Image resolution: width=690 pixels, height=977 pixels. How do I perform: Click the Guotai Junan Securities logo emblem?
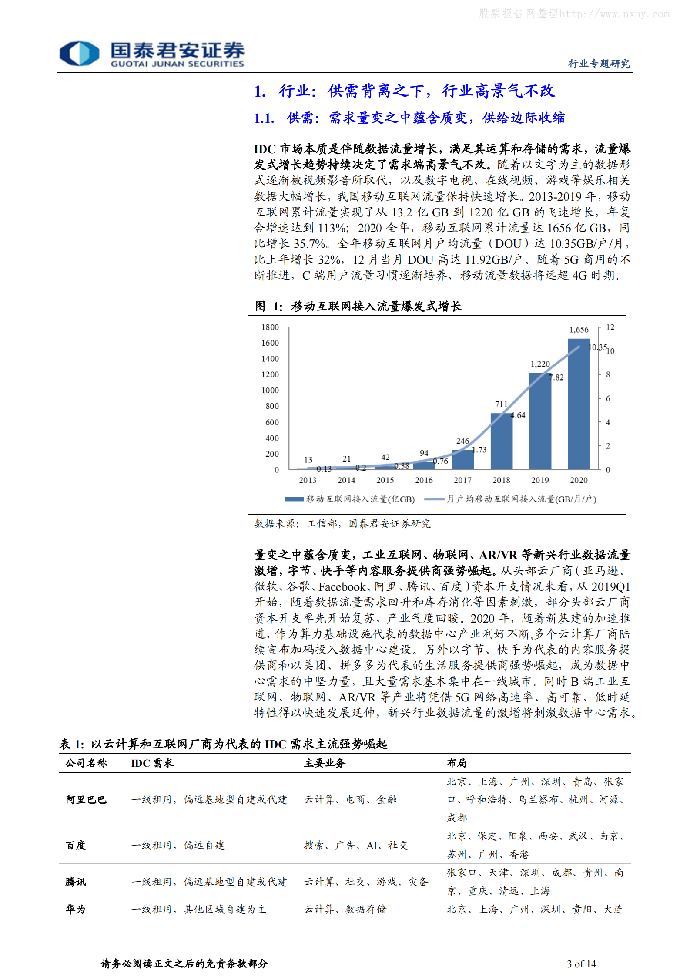pos(79,54)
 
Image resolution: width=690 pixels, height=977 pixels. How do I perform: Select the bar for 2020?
pos(579,404)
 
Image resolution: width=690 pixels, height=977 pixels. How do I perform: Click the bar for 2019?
pos(540,421)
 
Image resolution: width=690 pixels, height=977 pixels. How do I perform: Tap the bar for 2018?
pos(501,441)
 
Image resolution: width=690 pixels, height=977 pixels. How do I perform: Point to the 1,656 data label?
pos(579,330)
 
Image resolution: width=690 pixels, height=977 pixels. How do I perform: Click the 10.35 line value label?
pos(597,347)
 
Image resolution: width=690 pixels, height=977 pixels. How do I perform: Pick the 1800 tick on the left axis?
pos(270,327)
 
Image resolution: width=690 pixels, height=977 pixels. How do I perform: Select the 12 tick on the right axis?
pos(610,327)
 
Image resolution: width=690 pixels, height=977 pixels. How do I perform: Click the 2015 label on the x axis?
pos(385,480)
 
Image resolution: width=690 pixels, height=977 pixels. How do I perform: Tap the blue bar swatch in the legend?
pos(294,499)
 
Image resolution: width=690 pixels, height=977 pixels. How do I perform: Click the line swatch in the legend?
pos(434,499)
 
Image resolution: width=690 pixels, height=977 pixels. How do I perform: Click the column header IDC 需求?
pos(152,763)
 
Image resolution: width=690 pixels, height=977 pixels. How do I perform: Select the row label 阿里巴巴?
pos(86,799)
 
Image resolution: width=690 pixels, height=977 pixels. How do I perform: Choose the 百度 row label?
pos(76,845)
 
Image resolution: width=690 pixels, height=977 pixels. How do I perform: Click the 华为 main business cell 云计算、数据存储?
pos(345,909)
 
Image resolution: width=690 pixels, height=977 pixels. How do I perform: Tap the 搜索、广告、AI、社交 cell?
pos(356,845)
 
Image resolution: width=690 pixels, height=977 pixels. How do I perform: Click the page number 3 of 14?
pos(581,964)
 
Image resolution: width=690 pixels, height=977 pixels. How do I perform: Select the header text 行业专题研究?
pos(599,64)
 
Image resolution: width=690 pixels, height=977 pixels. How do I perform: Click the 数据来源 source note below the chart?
pos(342,523)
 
